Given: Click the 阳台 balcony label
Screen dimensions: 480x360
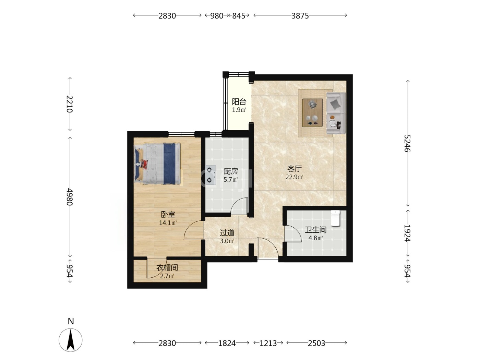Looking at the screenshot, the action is pos(239,101).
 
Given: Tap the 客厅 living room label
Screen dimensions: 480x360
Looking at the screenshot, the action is pos(294,169).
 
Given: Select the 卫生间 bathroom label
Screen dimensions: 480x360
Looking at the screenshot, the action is pos(315,230).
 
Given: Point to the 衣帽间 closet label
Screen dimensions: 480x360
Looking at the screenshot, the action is pos(167,267).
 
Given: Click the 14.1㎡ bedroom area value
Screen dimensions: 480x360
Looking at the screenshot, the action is pos(168,223).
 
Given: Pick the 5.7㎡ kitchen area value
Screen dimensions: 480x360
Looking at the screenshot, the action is pos(230,180).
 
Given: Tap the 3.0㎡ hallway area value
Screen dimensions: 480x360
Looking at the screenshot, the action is pos(227,241).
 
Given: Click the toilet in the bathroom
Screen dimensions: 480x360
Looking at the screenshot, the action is pos(335,218).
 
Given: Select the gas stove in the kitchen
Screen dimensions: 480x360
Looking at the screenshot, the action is pos(211,175).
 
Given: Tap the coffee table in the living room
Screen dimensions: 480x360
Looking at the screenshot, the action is pos(312,113).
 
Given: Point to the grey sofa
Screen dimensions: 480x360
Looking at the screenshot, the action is pos(336,113).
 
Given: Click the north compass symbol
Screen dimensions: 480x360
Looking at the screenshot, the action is pos(71,340).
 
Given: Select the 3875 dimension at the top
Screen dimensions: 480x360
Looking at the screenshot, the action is pos(300,16).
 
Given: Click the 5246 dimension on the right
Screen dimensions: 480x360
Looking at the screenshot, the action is pos(407,143).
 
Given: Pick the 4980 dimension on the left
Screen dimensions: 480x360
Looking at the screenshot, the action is pos(70,196).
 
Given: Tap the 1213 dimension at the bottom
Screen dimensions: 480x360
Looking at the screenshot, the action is pos(268,344).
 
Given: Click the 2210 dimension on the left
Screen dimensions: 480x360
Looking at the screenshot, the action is pos(70,104).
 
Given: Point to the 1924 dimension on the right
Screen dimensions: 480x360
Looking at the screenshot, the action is pos(407,233).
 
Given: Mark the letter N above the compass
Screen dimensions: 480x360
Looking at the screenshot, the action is pos(71,321).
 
